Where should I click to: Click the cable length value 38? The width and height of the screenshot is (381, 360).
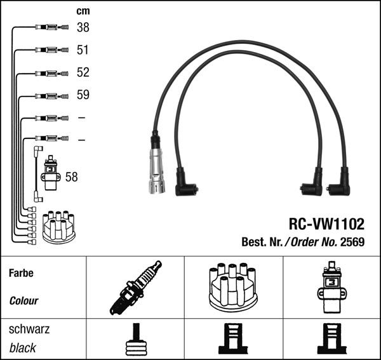[x=83, y=27]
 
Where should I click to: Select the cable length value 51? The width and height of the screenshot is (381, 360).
[x=83, y=50]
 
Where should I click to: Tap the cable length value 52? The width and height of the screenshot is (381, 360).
[x=83, y=72]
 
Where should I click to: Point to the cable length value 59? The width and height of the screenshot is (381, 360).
[x=83, y=95]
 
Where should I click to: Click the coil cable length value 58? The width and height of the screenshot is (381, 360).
[x=71, y=177]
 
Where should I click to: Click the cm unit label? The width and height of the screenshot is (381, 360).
[x=83, y=11]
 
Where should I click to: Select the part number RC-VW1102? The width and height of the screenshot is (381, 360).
[x=326, y=223]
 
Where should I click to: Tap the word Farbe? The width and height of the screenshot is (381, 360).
[x=21, y=273]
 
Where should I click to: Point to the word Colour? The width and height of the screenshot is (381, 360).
[x=23, y=300]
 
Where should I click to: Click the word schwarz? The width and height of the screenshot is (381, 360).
[x=29, y=330]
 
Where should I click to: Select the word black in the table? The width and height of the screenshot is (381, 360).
[x=22, y=347]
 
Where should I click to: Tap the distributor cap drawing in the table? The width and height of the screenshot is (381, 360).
[x=232, y=286]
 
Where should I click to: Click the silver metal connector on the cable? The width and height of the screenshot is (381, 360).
[x=156, y=171]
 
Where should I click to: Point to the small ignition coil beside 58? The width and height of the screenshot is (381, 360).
[x=51, y=175]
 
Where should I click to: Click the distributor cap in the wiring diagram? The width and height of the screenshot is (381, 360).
[x=58, y=227]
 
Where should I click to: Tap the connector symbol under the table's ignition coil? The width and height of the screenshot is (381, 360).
[x=331, y=340]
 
